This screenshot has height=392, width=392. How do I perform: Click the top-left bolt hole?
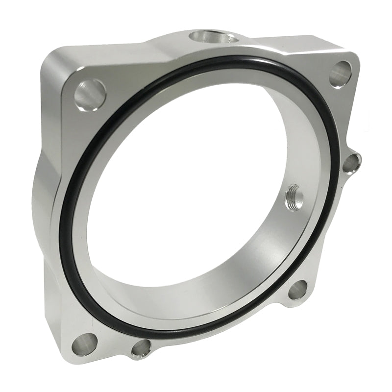pyautogui.click(x=90, y=94)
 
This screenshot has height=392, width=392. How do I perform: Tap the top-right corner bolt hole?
pyautogui.click(x=341, y=73)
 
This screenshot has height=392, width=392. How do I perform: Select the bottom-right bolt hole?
pyautogui.click(x=297, y=290)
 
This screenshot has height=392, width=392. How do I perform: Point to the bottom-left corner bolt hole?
pyautogui.click(x=84, y=343)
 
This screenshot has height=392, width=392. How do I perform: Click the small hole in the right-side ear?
pyautogui.click(x=351, y=163)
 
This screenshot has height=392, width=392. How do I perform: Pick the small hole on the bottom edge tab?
pyautogui.click(x=141, y=349)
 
